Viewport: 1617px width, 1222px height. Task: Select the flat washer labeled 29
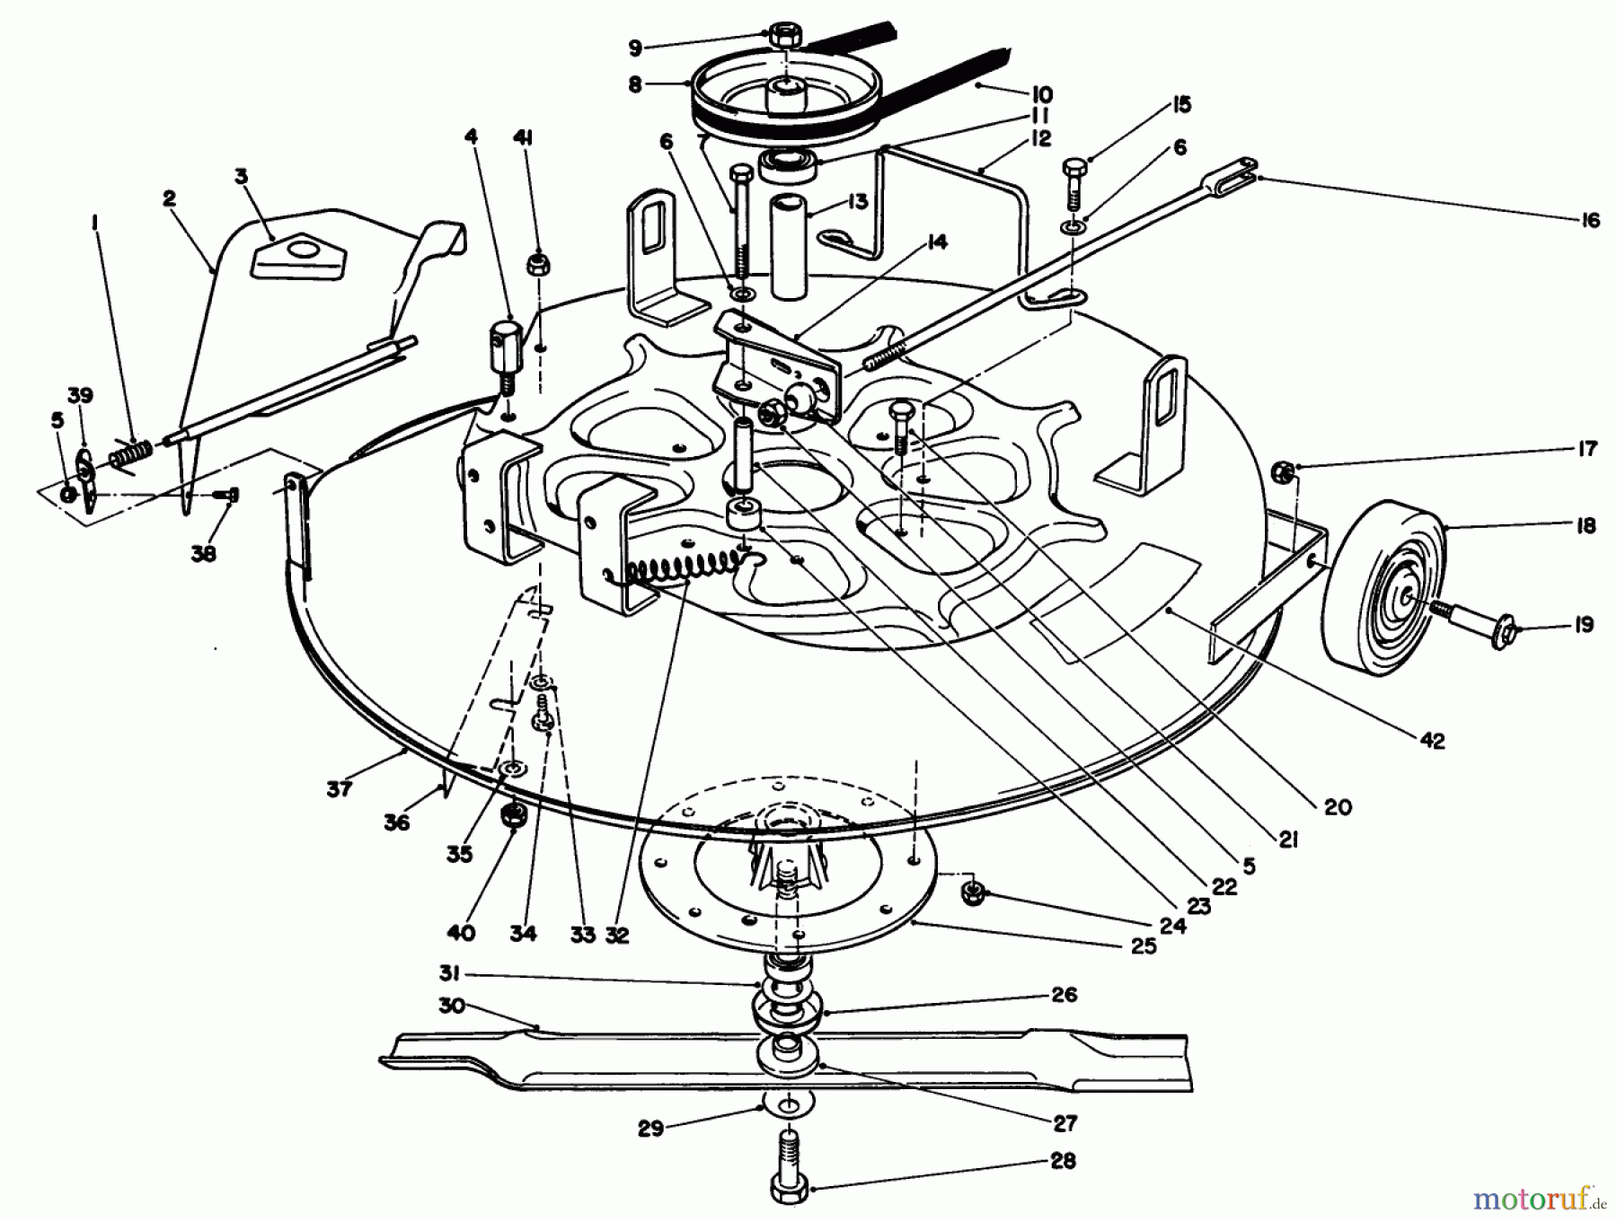pyautogui.click(x=789, y=1102)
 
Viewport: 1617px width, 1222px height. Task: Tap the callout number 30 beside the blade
pyautogui.click(x=452, y=1005)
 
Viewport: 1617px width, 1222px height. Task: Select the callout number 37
pyautogui.click(x=340, y=788)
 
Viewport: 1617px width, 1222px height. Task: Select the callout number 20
pyautogui.click(x=1337, y=807)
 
